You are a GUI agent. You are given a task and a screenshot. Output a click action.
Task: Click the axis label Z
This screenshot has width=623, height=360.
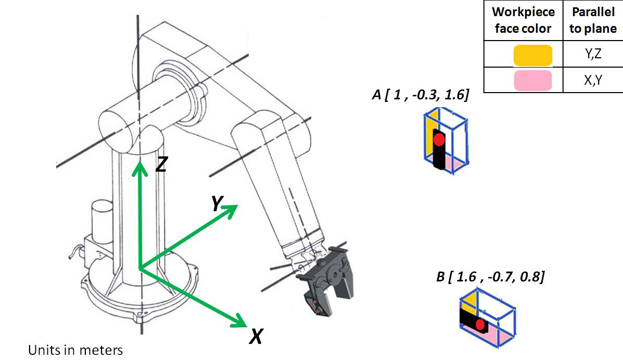161,164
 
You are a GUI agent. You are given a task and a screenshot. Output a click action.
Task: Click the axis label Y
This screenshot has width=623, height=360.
218,204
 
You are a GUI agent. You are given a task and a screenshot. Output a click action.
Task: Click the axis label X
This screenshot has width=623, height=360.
255,338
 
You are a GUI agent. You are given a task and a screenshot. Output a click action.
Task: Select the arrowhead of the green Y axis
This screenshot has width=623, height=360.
232,208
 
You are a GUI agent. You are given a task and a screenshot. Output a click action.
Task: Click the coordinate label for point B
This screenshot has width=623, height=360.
490,277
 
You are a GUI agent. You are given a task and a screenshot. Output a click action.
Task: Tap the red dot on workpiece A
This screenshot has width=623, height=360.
439,139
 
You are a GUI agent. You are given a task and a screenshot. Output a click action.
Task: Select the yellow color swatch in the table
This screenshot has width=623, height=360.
532,55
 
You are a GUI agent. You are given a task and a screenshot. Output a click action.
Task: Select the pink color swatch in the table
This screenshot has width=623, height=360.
532,81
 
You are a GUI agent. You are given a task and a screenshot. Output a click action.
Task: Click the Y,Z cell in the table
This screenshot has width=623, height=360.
592,54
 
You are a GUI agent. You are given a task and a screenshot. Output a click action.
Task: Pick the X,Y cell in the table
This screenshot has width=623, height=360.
592,80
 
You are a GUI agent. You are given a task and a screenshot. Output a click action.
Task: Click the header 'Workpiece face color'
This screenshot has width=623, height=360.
523,20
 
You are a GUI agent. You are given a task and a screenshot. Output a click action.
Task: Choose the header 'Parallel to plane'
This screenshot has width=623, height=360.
593,20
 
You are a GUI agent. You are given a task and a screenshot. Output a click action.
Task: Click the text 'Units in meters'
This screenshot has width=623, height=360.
75,350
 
